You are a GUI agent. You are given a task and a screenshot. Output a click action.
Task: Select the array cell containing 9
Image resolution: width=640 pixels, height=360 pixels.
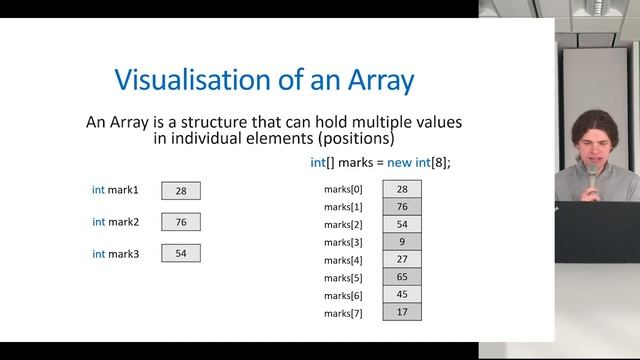[x=401, y=242]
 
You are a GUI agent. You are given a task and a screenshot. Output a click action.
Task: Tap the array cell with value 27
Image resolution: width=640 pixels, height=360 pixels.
[x=401, y=259]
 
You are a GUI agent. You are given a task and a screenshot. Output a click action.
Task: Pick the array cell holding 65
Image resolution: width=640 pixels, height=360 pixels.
[x=401, y=277]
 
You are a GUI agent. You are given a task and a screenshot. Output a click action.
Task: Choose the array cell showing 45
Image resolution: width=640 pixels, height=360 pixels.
[x=401, y=295]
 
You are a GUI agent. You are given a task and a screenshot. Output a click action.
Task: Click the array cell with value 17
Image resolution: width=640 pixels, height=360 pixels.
[x=401, y=312]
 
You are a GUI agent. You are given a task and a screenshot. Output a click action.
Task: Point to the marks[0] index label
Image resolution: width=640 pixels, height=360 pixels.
[x=344, y=189]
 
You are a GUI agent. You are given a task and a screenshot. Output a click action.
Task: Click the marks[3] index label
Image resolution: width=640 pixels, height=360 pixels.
[x=344, y=242]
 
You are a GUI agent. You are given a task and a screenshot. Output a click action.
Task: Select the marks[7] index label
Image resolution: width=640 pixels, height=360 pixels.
[x=344, y=313]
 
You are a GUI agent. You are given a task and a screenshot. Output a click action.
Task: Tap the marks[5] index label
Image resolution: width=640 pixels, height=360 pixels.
[x=344, y=278]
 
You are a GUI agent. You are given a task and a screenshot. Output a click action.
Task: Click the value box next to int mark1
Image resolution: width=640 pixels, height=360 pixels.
[x=181, y=190]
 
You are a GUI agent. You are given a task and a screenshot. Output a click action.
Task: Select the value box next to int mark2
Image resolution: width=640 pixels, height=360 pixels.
[x=181, y=222]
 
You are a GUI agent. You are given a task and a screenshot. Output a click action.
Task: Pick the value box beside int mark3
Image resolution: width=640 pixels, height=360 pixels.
[x=181, y=254]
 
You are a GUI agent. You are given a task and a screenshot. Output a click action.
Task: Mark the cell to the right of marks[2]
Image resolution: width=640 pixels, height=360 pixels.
[x=401, y=224]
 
